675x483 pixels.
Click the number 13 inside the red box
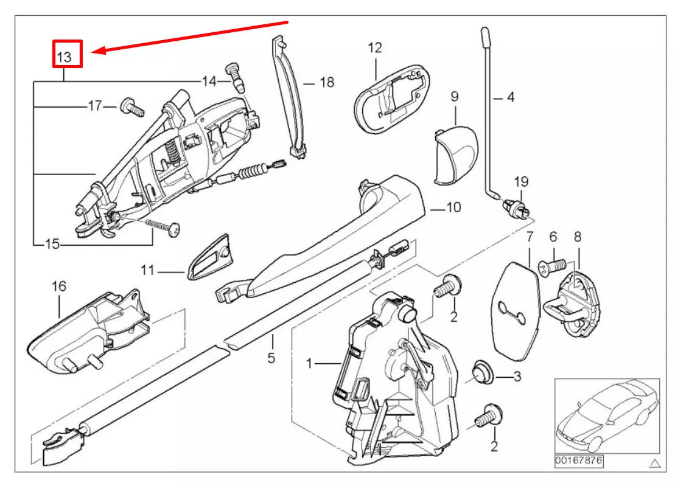tap(65, 57)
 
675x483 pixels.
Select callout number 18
tap(327, 82)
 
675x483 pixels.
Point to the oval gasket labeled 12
tap(390, 100)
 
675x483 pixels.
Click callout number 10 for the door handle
tap(453, 207)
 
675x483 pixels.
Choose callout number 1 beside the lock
tap(309, 364)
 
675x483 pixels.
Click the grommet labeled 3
tap(483, 372)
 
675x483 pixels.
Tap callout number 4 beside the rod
tap(510, 97)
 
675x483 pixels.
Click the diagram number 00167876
tap(578, 461)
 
